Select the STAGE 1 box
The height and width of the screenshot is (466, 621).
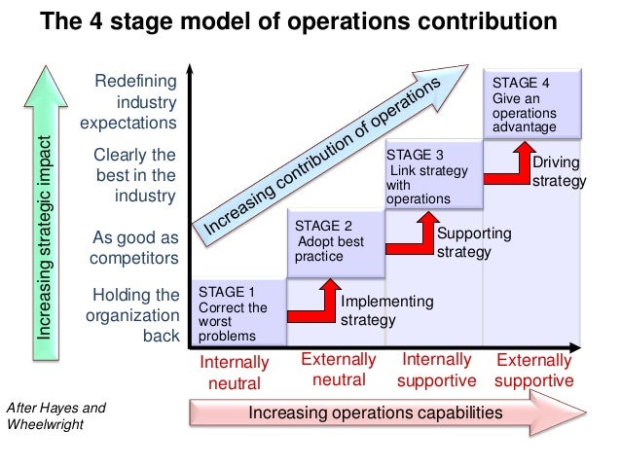click(239, 313)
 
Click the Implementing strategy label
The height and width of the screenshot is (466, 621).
click(384, 311)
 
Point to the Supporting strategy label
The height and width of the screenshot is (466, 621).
click(472, 243)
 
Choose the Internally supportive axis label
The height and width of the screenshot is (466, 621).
click(437, 370)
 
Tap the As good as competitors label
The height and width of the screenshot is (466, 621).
click(134, 247)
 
